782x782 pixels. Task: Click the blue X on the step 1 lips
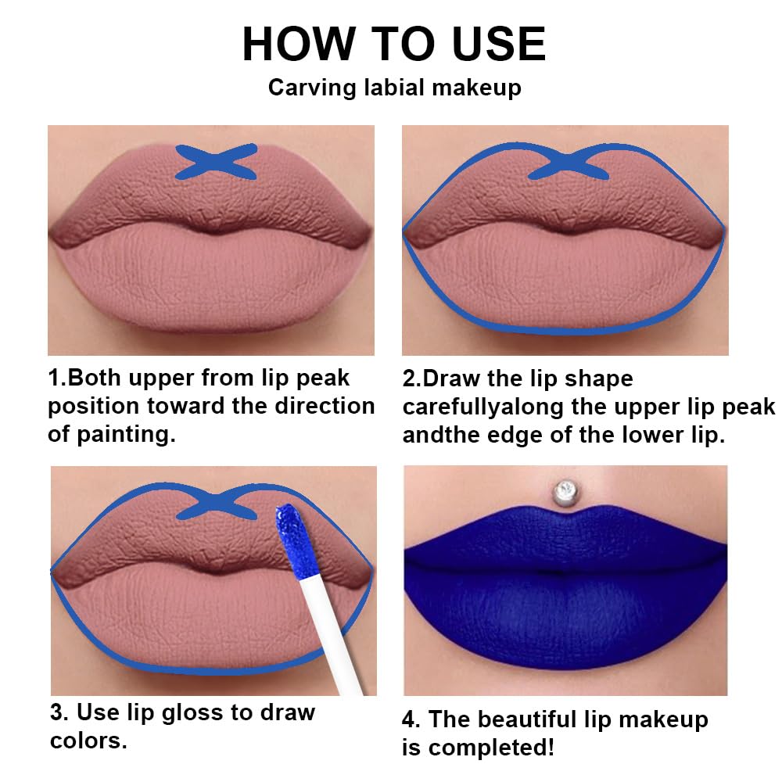pyautogui.click(x=216, y=162)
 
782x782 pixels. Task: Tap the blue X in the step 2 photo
pyautogui.click(x=570, y=164)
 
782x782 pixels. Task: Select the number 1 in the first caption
pyautogui.click(x=55, y=378)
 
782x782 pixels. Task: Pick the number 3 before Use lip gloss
pyautogui.click(x=57, y=712)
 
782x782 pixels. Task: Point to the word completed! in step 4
pyautogui.click(x=490, y=748)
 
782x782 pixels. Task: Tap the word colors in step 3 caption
pyautogui.click(x=87, y=741)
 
